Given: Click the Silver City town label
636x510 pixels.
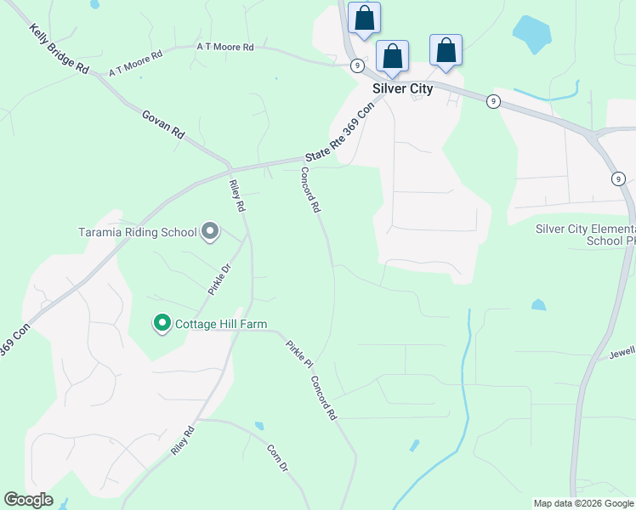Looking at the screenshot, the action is (x=402, y=88).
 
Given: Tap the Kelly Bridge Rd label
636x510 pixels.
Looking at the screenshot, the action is (x=59, y=48).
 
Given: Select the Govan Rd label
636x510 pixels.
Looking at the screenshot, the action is (x=163, y=124).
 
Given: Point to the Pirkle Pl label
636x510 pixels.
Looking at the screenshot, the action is (x=294, y=353).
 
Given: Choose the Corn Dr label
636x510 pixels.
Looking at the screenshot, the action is (x=278, y=459).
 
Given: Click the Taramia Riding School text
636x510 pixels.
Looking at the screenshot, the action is (x=137, y=231).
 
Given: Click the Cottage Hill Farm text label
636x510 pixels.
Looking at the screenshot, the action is (x=221, y=324).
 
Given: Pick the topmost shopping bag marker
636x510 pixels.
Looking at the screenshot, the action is (x=364, y=18).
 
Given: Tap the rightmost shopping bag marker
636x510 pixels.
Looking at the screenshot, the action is (x=446, y=50).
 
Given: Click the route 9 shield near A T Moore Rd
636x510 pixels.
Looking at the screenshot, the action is (x=357, y=65).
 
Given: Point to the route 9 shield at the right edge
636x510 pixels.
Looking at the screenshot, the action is (x=618, y=178).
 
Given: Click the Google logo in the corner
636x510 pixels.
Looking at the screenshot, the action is (x=28, y=500).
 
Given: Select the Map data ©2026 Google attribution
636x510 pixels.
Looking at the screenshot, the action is (x=583, y=503).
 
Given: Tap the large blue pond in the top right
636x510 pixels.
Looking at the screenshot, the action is (x=532, y=33).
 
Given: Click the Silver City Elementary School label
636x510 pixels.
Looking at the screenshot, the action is (x=586, y=235).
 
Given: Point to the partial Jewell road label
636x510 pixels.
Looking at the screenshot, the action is (x=622, y=350).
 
